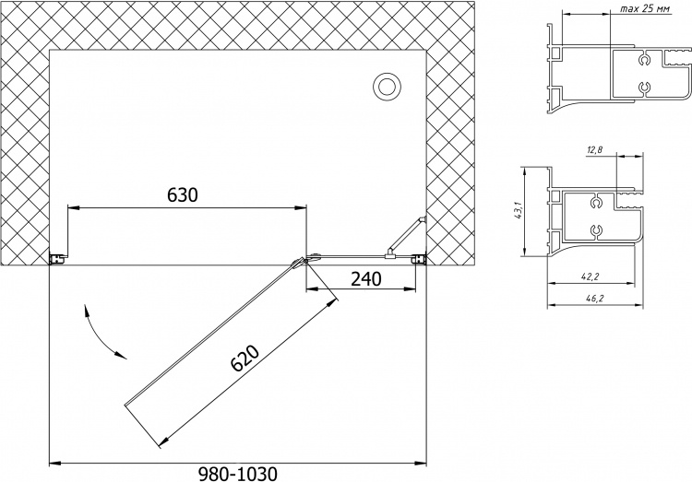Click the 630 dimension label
(183, 194)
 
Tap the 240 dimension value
(366, 278)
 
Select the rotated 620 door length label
(245, 358)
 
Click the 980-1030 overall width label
(238, 474)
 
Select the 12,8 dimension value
(595, 150)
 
